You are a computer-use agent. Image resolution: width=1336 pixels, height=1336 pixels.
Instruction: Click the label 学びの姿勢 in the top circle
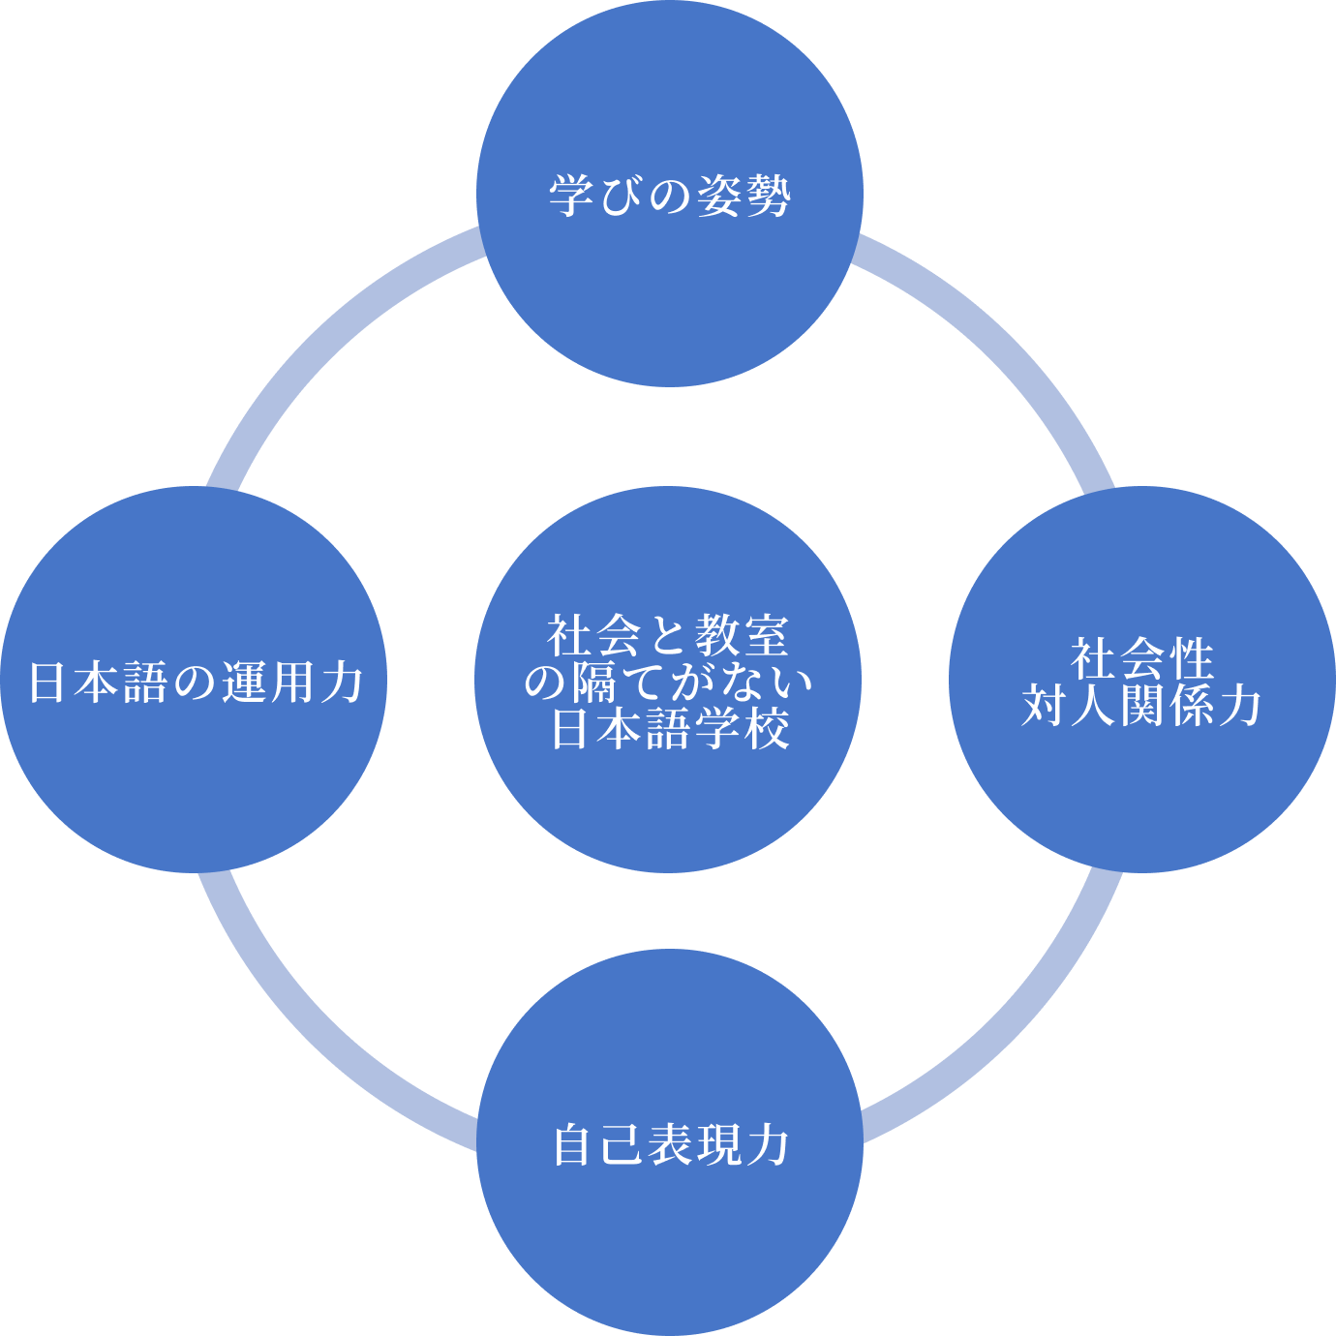click(669, 196)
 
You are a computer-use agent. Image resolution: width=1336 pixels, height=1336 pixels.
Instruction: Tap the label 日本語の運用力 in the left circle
click(195, 682)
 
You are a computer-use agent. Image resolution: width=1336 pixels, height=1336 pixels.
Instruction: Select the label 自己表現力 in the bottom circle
click(669, 1144)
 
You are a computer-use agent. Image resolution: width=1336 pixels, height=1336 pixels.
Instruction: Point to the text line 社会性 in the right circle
click(1141, 659)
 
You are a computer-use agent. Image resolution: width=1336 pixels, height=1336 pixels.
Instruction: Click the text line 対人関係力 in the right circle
click(1141, 705)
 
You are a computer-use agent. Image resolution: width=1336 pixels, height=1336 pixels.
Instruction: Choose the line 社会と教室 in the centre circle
click(668, 636)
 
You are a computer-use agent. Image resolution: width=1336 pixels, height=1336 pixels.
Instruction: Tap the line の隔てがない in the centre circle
click(668, 682)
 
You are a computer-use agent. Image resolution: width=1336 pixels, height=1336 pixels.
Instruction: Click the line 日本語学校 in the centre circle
click(668, 728)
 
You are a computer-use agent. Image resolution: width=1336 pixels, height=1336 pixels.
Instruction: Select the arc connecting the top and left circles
click(329, 339)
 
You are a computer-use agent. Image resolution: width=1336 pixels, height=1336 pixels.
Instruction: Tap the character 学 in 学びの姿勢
click(572, 196)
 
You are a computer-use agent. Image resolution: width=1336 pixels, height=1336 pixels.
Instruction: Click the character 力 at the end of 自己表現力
click(768, 1144)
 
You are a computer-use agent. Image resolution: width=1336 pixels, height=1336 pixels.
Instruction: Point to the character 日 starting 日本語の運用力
click(47, 682)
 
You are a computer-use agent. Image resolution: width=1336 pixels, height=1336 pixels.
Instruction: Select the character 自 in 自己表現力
click(572, 1144)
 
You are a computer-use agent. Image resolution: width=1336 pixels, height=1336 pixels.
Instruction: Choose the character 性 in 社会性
click(1191, 659)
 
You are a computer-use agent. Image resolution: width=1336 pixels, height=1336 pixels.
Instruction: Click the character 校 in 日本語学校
click(767, 728)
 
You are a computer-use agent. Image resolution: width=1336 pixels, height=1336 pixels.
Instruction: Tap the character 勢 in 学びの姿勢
click(768, 196)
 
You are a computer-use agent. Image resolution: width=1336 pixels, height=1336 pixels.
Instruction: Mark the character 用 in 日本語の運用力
click(292, 682)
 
